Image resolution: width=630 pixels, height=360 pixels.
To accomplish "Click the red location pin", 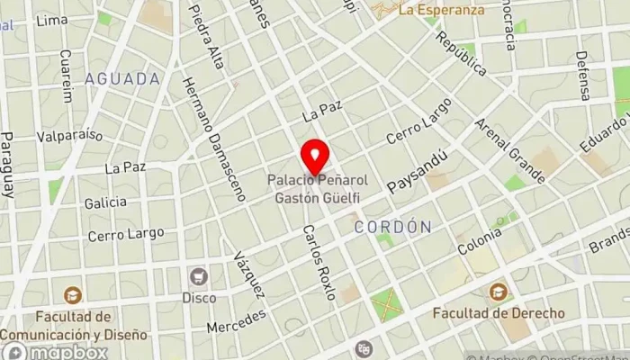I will (x=315, y=157).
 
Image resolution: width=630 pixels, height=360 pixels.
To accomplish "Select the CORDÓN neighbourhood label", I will (x=392, y=227).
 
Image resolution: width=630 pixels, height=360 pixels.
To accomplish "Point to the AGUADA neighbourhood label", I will (x=122, y=79).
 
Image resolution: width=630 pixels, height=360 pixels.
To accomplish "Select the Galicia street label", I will (x=105, y=202).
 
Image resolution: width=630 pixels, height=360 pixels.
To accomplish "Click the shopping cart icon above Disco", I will (x=199, y=276).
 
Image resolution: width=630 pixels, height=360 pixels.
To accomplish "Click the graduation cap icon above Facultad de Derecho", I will (x=498, y=292).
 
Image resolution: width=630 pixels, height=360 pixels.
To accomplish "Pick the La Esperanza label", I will (x=440, y=11).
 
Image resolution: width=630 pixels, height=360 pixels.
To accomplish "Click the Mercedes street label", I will (x=238, y=321).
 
